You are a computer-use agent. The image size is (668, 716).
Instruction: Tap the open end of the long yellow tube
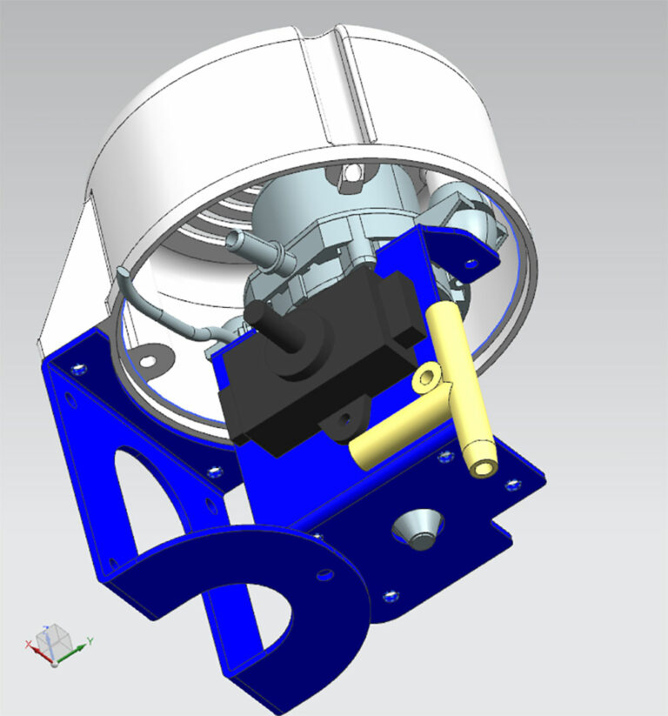pos(482,468)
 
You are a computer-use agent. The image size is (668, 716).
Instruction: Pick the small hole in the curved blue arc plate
pos(324,574)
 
